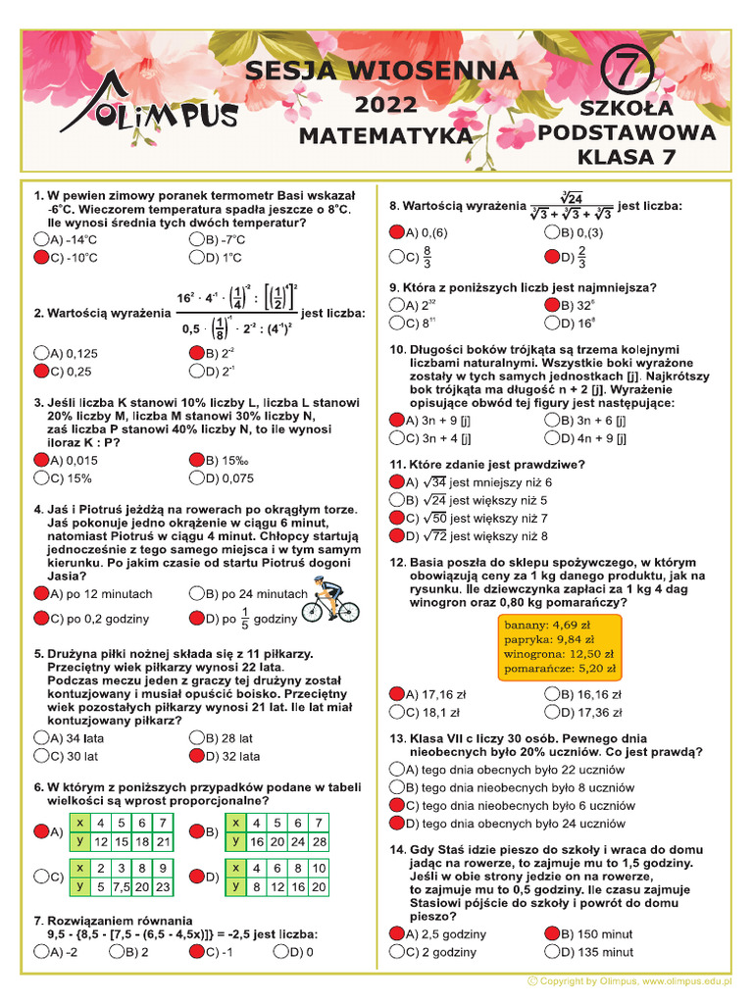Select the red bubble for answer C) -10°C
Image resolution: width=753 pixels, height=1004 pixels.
click(41, 258)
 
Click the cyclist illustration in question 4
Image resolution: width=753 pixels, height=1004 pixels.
click(329, 600)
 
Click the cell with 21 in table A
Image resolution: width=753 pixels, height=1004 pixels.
click(164, 841)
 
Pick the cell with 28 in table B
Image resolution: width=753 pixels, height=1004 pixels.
click(320, 841)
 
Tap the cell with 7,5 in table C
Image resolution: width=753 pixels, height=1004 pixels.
click(123, 886)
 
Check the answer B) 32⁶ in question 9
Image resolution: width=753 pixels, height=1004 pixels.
click(552, 305)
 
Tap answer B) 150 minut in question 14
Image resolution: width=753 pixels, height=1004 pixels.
click(552, 933)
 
